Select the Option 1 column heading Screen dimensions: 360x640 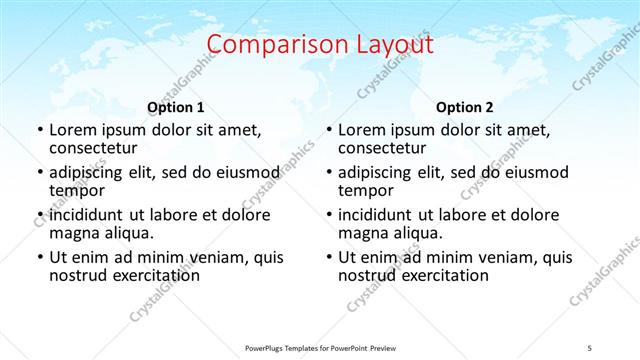click(x=176, y=107)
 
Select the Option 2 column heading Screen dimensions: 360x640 click(x=465, y=107)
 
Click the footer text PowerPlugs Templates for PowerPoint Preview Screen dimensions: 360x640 click(x=320, y=348)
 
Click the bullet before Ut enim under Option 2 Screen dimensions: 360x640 click(x=329, y=258)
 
